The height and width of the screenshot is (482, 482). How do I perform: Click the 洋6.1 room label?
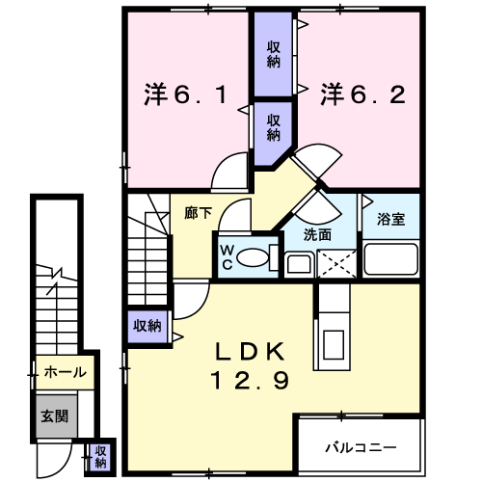(185, 94)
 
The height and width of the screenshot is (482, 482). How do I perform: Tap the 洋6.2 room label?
(362, 94)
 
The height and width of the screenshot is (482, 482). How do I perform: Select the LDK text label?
(250, 352)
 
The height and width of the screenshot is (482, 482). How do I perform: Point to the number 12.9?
(250, 380)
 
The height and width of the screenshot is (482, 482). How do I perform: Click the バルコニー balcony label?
(361, 447)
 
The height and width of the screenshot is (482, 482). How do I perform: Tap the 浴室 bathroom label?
(390, 219)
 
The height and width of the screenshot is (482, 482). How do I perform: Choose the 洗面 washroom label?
(317, 235)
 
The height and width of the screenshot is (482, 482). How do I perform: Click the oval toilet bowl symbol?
(253, 257)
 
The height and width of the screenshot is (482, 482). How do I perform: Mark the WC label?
(228, 257)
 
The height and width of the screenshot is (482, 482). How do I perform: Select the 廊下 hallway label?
(199, 213)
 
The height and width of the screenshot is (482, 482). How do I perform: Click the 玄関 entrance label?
(55, 416)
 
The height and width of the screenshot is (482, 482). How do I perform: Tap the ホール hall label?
(66, 372)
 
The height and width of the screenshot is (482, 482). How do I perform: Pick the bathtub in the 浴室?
(391, 259)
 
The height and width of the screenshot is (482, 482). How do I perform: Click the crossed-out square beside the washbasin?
(336, 263)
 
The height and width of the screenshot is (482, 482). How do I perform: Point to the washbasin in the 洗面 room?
(299, 264)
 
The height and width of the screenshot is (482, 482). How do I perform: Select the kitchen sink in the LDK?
(334, 344)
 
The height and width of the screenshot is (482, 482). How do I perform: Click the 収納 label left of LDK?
(147, 326)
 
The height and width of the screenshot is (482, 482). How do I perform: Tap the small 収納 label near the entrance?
(100, 457)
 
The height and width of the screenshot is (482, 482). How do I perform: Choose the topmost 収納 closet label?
(274, 55)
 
